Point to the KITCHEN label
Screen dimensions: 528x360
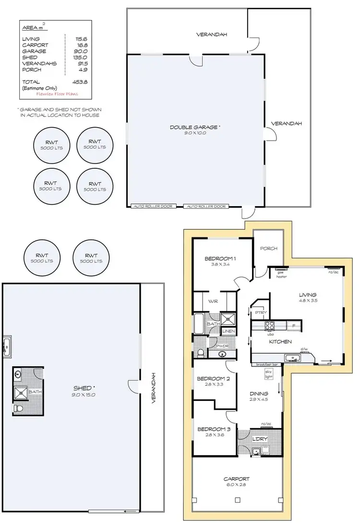pyautogui.click(x=280, y=341)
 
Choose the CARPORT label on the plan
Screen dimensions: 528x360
pyautogui.click(x=236, y=479)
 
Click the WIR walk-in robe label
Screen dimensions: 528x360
pyautogui.click(x=214, y=302)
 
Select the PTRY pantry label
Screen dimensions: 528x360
pyautogui.click(x=261, y=312)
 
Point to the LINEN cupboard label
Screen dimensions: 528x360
pyautogui.click(x=228, y=331)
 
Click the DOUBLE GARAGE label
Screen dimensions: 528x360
pyautogui.click(x=194, y=127)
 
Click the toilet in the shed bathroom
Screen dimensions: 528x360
pyautogui.click(x=19, y=409)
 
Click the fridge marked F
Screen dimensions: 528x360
pyautogui.click(x=294, y=326)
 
